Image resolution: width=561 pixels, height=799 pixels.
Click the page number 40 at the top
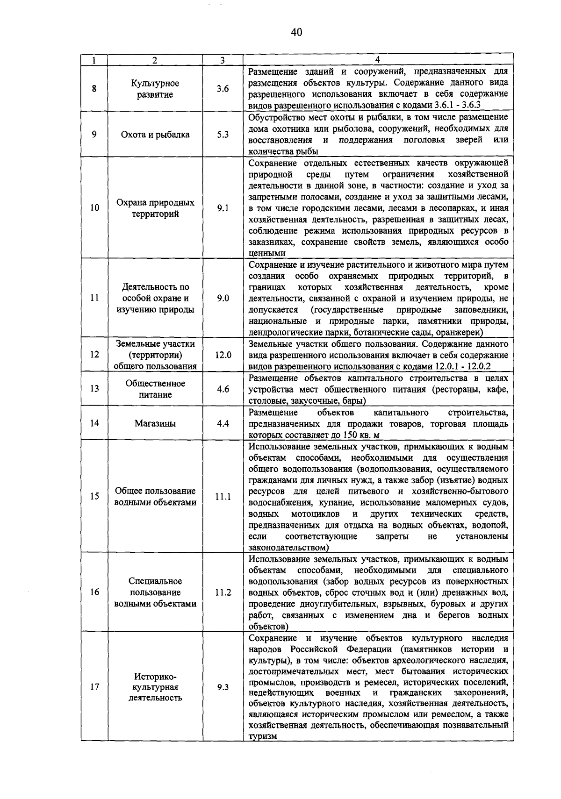coord(296,32)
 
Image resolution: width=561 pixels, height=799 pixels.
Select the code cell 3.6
coord(223,89)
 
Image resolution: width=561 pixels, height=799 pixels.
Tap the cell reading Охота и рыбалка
coord(155,135)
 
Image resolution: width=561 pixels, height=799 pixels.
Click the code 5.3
coord(223,135)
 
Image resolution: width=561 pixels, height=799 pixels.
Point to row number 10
coord(94,208)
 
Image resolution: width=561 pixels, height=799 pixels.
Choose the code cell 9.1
coord(223,208)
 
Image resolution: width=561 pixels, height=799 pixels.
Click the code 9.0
coord(223,298)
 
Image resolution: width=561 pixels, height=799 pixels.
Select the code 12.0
coord(223,355)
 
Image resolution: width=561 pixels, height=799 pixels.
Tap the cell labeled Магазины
coord(155,423)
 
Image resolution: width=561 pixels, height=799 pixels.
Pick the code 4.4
coord(223,423)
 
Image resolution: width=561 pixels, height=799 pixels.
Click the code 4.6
coord(223,389)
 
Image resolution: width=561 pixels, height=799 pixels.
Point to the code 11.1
coord(223,497)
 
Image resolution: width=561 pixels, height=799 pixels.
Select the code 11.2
coord(223,592)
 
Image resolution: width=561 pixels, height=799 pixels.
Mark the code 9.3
coord(223,687)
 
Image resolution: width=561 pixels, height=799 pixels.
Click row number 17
coord(94,687)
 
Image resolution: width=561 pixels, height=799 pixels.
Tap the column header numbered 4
coord(378,60)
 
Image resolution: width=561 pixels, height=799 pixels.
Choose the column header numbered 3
coord(223,60)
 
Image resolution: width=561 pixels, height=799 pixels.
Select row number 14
coord(94,423)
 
